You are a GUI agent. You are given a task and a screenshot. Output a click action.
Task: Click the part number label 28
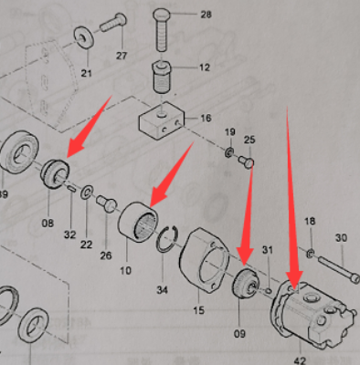tap(206, 14)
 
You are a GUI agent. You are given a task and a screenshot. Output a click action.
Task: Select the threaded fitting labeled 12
tap(163, 77)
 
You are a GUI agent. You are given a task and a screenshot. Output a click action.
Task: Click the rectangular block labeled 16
tap(162, 120)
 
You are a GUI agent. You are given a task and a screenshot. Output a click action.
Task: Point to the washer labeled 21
tap(84, 36)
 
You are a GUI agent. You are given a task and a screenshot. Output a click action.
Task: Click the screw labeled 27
tap(112, 22)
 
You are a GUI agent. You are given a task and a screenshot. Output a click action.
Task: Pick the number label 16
tap(206, 118)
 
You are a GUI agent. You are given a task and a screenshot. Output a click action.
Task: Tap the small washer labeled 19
tap(229, 151)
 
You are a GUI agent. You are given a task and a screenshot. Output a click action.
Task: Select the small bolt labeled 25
tap(246, 162)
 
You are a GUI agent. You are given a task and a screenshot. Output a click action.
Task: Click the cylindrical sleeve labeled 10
tap(138, 223)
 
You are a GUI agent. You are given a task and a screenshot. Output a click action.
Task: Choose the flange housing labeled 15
tap(204, 261)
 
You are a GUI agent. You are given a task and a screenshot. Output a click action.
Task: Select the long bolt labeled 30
tap(339, 270)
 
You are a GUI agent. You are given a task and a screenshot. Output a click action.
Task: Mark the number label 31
tap(268, 250)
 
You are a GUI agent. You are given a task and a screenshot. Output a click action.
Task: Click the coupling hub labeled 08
tap(55, 174)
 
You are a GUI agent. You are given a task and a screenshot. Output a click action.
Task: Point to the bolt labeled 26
tap(106, 203)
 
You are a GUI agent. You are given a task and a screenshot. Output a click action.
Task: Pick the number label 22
tap(86, 244)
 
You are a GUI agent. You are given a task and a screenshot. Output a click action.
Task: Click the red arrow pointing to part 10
tap(172, 173)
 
